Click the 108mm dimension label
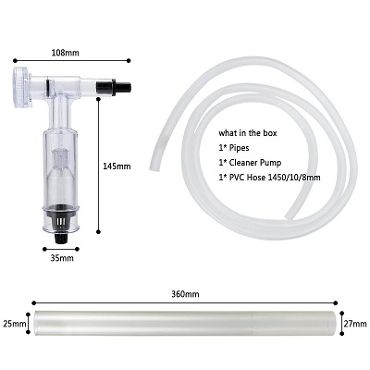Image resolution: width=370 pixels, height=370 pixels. click(x=65, y=53)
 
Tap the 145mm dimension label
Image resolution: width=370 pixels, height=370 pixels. click(x=117, y=166)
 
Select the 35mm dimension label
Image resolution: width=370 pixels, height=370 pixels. click(x=62, y=258)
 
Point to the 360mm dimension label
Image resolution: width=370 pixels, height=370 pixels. click(x=185, y=294)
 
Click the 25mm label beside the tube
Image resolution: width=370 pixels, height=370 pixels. click(x=15, y=324)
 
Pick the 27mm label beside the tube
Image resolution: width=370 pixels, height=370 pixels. click(x=355, y=324)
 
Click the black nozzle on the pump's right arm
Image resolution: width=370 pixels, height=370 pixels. click(x=114, y=87)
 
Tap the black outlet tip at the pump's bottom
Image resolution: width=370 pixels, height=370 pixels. click(x=61, y=238)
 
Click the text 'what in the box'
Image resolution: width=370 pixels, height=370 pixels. click(x=248, y=133)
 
